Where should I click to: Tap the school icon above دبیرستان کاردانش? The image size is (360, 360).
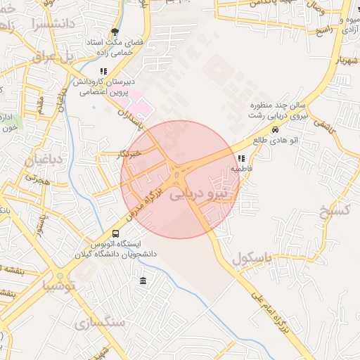(x=104, y=71)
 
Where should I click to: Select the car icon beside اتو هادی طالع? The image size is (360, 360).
(x=275, y=130)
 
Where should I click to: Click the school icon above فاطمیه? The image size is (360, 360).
(x=242, y=158)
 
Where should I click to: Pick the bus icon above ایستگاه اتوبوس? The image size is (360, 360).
(x=115, y=233)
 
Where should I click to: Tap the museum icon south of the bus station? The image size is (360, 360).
(x=143, y=281)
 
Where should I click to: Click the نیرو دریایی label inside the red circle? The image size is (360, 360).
(x=200, y=193)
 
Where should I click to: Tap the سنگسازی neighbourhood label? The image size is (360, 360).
(x=99, y=322)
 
